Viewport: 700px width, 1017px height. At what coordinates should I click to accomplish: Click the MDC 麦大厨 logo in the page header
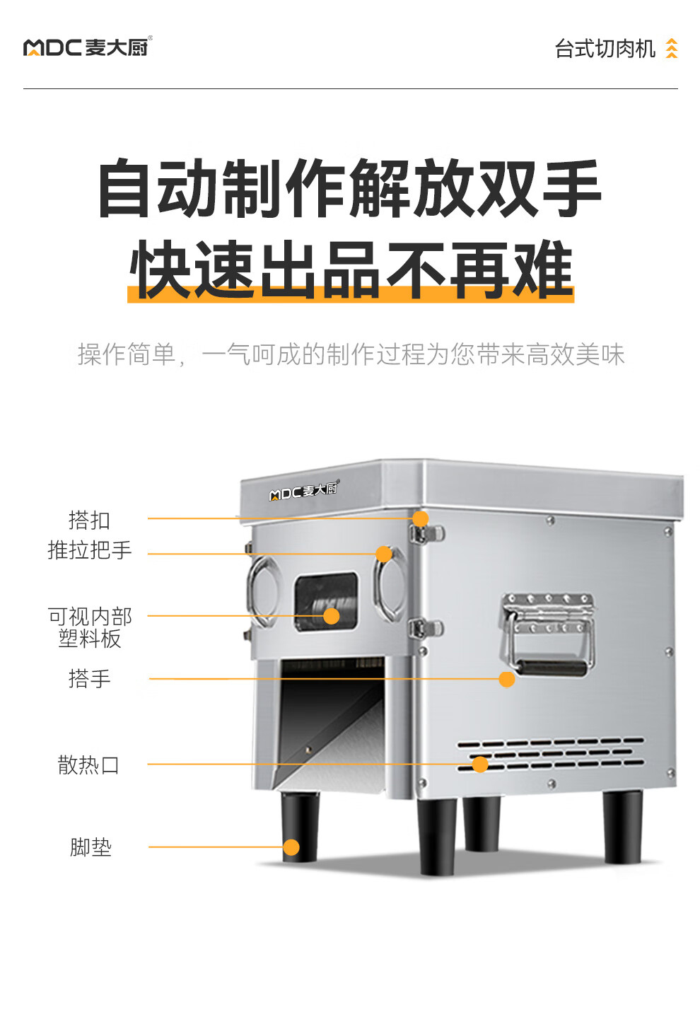click(x=88, y=47)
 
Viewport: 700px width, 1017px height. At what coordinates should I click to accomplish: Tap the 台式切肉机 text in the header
click(x=605, y=49)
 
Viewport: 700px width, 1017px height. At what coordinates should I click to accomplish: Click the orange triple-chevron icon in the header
click(x=672, y=49)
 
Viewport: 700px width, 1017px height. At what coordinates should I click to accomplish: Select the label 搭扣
click(x=89, y=520)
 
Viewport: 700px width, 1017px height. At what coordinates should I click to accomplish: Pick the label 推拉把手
click(x=89, y=550)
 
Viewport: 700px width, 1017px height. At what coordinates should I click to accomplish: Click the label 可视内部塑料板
click(x=90, y=627)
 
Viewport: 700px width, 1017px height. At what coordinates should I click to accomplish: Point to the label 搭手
click(x=89, y=679)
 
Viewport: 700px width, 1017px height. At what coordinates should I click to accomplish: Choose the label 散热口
click(x=89, y=765)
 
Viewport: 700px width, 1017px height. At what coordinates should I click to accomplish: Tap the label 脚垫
click(x=91, y=847)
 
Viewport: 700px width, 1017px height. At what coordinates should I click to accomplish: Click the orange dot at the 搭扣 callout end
click(x=421, y=518)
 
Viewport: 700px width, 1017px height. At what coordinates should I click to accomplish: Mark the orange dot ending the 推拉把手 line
click(x=384, y=554)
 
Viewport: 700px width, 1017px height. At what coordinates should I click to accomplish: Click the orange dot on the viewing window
click(x=332, y=616)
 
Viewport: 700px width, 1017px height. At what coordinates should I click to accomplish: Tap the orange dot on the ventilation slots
click(x=480, y=764)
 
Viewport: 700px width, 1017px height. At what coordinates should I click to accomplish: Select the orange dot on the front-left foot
click(x=291, y=847)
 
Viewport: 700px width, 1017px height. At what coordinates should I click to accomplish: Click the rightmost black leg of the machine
click(x=622, y=826)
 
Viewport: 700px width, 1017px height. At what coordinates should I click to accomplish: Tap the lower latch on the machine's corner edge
click(x=426, y=628)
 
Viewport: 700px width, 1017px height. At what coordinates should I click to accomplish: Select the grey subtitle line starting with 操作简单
click(x=351, y=354)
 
